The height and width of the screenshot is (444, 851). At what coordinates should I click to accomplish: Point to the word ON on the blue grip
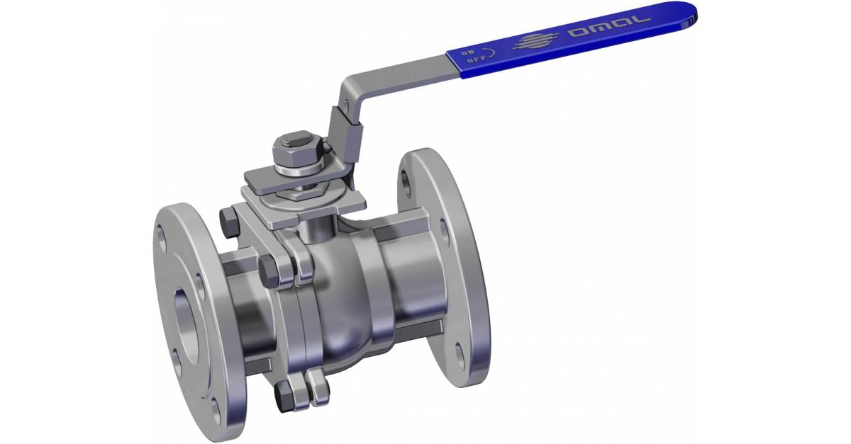(469, 52)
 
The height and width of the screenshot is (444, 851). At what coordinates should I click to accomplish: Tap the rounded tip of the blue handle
(686, 14)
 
